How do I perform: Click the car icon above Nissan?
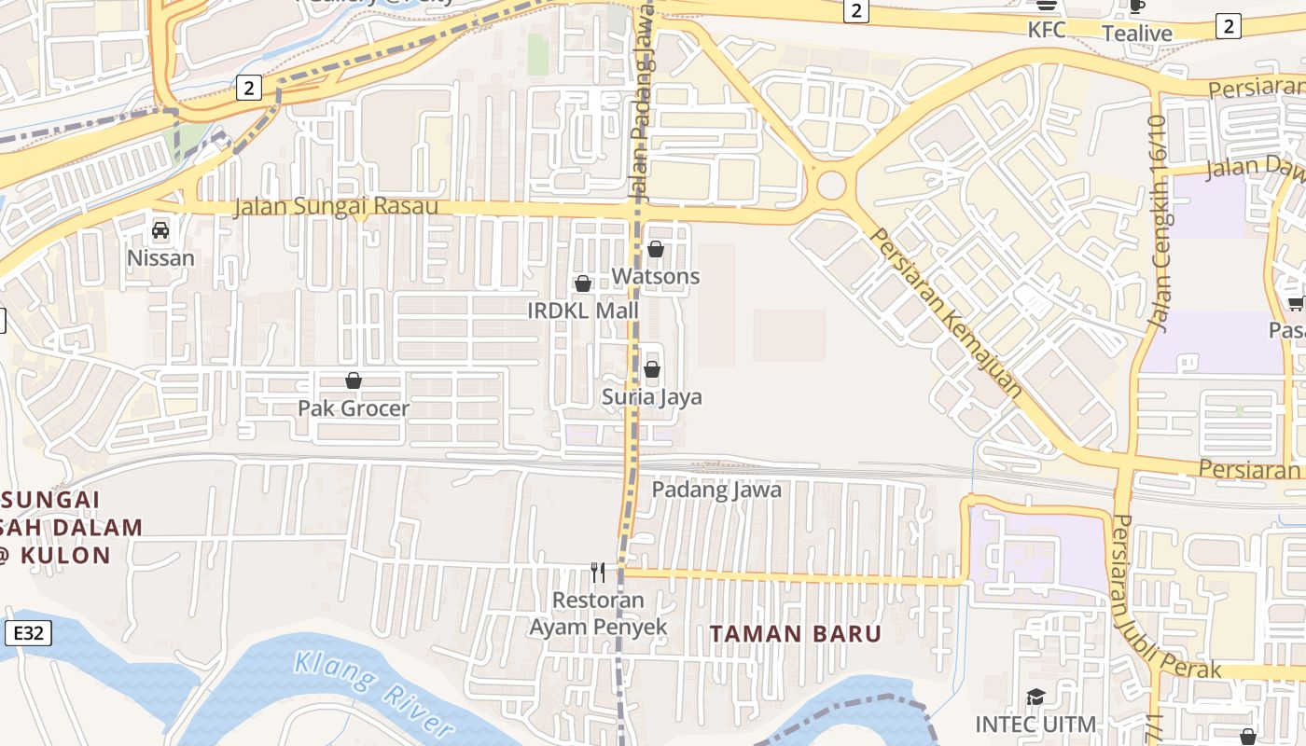click(160, 230)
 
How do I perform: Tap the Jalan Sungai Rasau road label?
click(336, 206)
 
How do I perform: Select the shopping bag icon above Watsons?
click(656, 250)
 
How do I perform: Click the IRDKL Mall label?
click(583, 311)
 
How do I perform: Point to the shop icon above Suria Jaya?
click(652, 370)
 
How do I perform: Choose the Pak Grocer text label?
click(354, 408)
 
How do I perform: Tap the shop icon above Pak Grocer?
click(354, 380)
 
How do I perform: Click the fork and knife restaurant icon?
click(598, 572)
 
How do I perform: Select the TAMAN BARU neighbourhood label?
click(796, 634)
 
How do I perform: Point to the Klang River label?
click(373, 693)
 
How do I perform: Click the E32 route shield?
click(28, 634)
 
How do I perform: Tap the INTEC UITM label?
click(1035, 724)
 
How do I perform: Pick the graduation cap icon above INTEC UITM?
click(1035, 698)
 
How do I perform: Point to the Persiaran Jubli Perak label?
click(1164, 597)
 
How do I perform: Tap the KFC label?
click(1047, 30)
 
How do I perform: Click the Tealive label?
click(1137, 34)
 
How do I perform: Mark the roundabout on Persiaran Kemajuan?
click(831, 186)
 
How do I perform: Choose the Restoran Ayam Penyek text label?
click(598, 613)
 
